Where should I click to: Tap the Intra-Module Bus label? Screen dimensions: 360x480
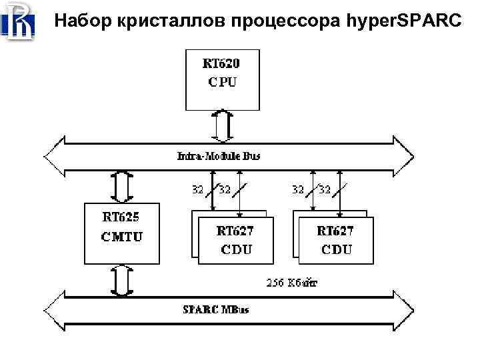tap(219, 156)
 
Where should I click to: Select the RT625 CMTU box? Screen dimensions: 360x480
tap(121, 233)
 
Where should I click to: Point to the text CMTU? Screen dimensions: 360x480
tap(121, 237)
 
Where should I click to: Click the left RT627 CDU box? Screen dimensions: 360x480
tap(235, 240)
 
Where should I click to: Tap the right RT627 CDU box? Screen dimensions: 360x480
tap(335, 240)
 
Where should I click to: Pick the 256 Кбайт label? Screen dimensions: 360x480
tap(292, 282)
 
